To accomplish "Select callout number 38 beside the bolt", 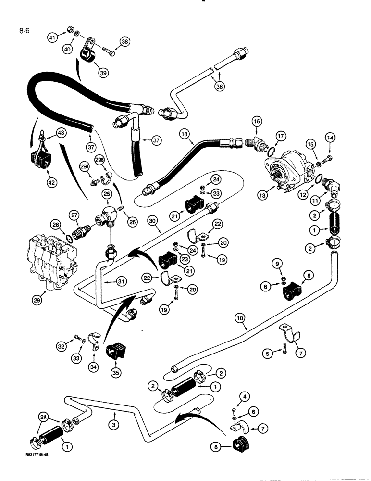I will click(x=125, y=42).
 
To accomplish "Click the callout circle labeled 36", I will click(x=220, y=88).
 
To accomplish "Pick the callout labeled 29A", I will click(x=85, y=166).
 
